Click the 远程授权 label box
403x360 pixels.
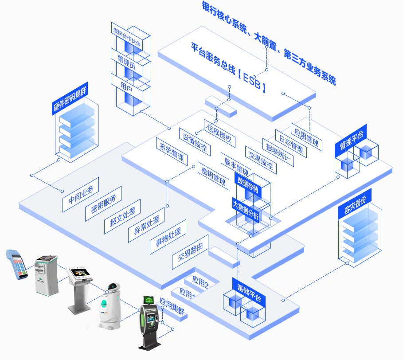[x=219, y=133]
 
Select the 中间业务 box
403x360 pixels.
[x=81, y=195]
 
